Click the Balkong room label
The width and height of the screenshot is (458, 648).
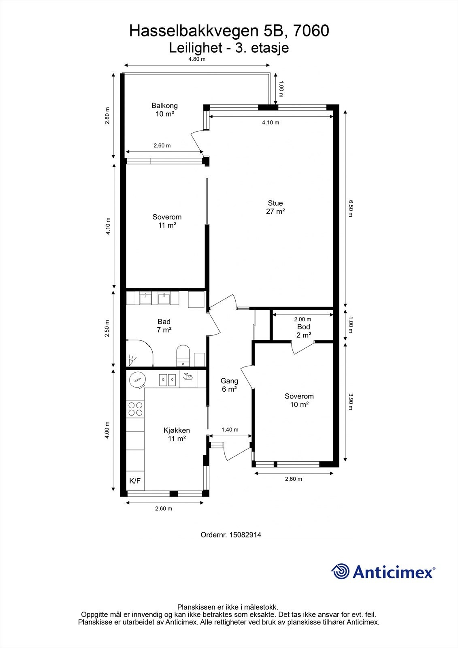tap(164, 110)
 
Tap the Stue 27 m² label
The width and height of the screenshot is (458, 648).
tap(275, 207)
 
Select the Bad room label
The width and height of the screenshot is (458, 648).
tap(164, 326)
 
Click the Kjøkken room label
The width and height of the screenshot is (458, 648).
tap(177, 434)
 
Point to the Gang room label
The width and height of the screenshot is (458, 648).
tap(230, 385)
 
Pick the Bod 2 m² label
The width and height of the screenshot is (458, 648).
tap(303, 330)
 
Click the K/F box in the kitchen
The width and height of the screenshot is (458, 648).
tap(135, 481)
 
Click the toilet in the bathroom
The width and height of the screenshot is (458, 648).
tap(183, 356)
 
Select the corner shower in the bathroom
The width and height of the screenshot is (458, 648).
tap(139, 353)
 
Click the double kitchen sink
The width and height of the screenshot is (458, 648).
tap(168, 379)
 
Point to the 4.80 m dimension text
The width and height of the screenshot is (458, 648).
tap(197, 59)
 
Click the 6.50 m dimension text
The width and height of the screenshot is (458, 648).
tap(351, 208)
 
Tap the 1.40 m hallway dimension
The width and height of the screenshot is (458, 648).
tap(230, 430)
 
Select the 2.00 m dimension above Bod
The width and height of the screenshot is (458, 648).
tap(302, 320)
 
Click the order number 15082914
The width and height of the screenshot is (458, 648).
tap(245, 535)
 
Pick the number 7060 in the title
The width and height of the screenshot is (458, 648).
tap(311, 31)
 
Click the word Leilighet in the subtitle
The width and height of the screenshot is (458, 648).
tap(196, 48)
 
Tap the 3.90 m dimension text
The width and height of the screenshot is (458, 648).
tap(351, 401)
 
